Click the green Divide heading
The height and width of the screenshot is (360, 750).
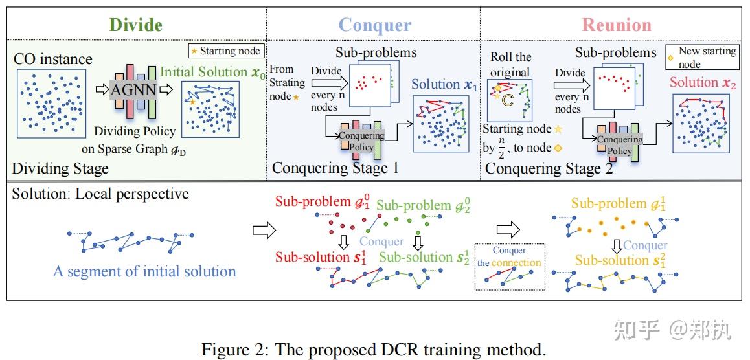tap(135, 25)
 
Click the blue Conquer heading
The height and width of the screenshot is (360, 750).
tap(374, 25)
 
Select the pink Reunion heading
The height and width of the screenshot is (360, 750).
tap(616, 25)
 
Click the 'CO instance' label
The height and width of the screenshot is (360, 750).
tap(53, 59)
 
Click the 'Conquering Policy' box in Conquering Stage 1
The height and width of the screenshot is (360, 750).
tap(361, 141)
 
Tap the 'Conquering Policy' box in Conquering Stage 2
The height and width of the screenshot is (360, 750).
tap(619, 145)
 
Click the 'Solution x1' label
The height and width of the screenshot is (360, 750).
tap(444, 84)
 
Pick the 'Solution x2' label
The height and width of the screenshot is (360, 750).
tap(703, 82)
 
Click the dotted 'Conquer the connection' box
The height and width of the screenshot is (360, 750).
tap(508, 267)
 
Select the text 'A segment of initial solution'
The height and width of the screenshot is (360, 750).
tap(144, 271)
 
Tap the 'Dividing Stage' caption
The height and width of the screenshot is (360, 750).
tap(60, 169)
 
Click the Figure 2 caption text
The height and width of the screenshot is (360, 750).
tap(374, 350)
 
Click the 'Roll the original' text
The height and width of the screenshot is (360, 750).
tap(510, 65)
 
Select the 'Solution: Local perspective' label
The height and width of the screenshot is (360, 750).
tap(100, 194)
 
